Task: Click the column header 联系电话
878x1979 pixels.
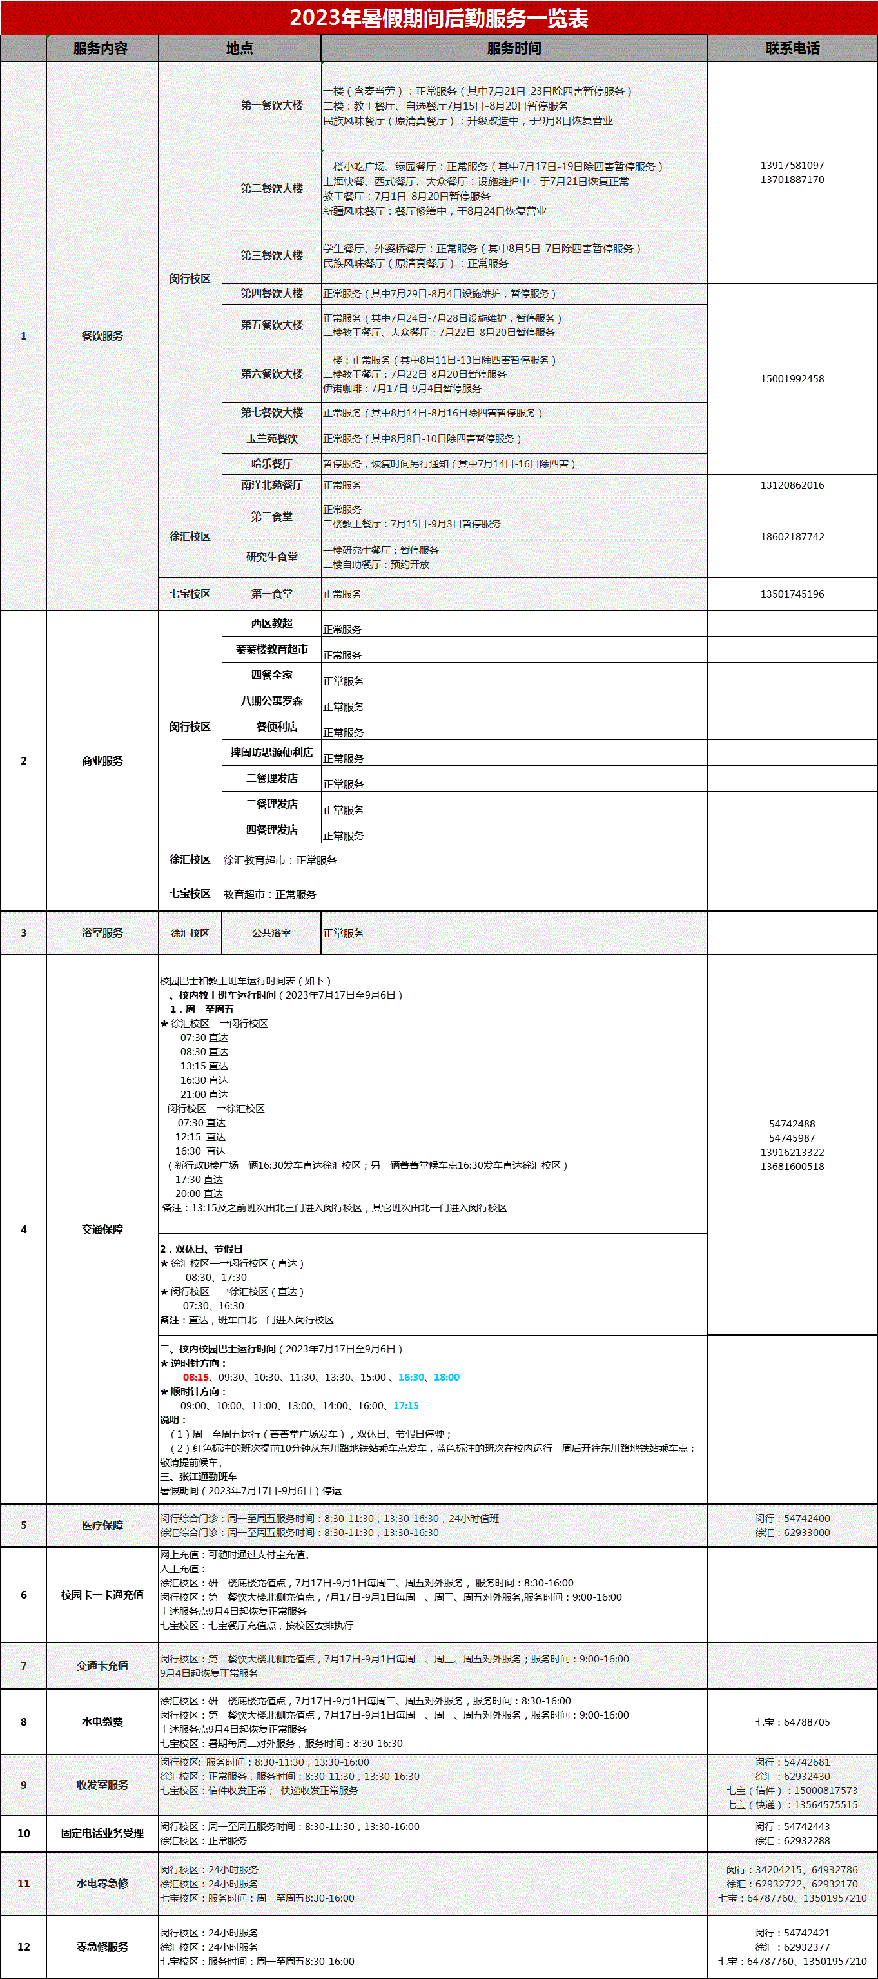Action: point(792,48)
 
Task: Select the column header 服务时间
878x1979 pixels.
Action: point(514,48)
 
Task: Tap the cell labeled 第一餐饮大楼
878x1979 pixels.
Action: point(272,105)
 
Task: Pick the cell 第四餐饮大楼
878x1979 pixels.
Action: point(272,293)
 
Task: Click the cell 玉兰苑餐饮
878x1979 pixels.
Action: point(272,439)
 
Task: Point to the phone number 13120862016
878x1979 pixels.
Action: point(792,485)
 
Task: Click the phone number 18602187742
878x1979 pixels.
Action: point(792,537)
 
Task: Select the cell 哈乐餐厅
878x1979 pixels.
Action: point(272,463)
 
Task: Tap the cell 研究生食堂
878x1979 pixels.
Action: point(272,557)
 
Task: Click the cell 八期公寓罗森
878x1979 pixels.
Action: point(272,701)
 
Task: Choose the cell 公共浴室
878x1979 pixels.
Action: point(272,933)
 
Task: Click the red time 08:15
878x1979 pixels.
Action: point(196,1378)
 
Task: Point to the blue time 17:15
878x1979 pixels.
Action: point(405,1406)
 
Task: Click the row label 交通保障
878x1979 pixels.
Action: point(102,1229)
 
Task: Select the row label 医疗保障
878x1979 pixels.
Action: point(102,1525)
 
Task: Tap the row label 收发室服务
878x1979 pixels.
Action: point(102,1784)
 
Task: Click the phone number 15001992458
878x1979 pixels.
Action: point(792,379)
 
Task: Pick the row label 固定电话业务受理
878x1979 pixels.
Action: point(102,1833)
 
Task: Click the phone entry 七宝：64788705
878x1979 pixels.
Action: point(792,1722)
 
